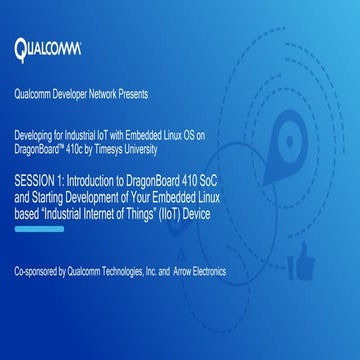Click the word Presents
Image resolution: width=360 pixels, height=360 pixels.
point(130,95)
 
